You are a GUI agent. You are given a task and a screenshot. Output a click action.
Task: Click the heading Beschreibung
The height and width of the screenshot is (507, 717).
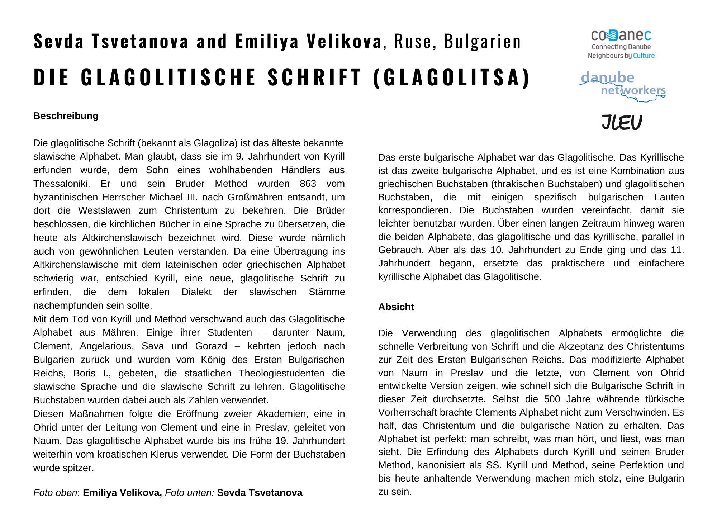click(66, 116)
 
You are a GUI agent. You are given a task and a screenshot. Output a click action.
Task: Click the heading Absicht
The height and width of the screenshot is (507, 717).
click(396, 307)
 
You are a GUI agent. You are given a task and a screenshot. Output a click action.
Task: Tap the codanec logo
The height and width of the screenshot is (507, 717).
click(621, 35)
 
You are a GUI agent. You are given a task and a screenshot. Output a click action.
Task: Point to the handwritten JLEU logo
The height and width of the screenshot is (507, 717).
click(622, 122)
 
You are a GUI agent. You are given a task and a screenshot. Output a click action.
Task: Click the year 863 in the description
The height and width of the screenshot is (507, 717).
click(308, 184)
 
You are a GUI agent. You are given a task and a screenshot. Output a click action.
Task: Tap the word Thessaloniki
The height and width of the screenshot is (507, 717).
click(61, 184)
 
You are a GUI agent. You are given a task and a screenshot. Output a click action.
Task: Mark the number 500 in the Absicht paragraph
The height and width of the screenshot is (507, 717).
click(552, 399)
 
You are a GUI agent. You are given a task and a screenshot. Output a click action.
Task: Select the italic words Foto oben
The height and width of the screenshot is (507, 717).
click(55, 493)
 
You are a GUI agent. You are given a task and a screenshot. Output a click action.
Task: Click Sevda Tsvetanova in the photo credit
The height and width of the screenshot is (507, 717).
click(260, 493)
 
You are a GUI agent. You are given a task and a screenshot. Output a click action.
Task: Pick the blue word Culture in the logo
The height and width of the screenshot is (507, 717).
click(644, 56)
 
